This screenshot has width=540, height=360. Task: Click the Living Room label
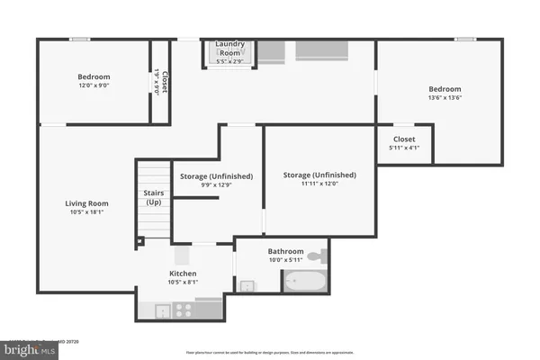click(x=86, y=203)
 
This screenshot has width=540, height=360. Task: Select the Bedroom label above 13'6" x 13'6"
click(x=445, y=89)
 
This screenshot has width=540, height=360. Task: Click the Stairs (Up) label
click(x=153, y=197)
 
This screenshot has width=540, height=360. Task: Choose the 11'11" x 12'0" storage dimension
click(x=319, y=184)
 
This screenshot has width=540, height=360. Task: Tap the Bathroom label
click(x=285, y=252)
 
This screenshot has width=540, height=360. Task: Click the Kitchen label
click(x=184, y=274)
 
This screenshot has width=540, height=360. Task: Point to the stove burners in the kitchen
click(x=183, y=309)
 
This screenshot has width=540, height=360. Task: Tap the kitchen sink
click(x=161, y=310)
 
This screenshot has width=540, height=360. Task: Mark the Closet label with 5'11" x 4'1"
click(x=404, y=139)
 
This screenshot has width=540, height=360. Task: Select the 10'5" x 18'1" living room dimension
click(x=86, y=213)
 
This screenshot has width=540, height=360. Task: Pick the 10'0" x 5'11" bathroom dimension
click(x=285, y=262)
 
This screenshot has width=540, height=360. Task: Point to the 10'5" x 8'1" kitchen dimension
click(x=184, y=283)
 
